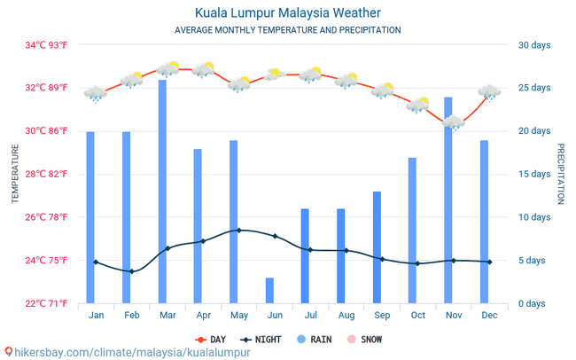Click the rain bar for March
[x=162, y=191]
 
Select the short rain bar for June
[x=269, y=290]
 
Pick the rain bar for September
[x=377, y=247]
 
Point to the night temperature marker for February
[x=131, y=271]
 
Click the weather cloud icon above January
[x=95, y=93]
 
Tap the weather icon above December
[x=488, y=91]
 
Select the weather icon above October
[x=417, y=106]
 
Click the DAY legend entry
[x=211, y=339]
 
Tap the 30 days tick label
[x=534, y=45]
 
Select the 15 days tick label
[x=534, y=174]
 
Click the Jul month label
[x=310, y=315]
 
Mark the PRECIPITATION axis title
[x=560, y=174]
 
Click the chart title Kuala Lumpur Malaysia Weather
[x=288, y=13]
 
